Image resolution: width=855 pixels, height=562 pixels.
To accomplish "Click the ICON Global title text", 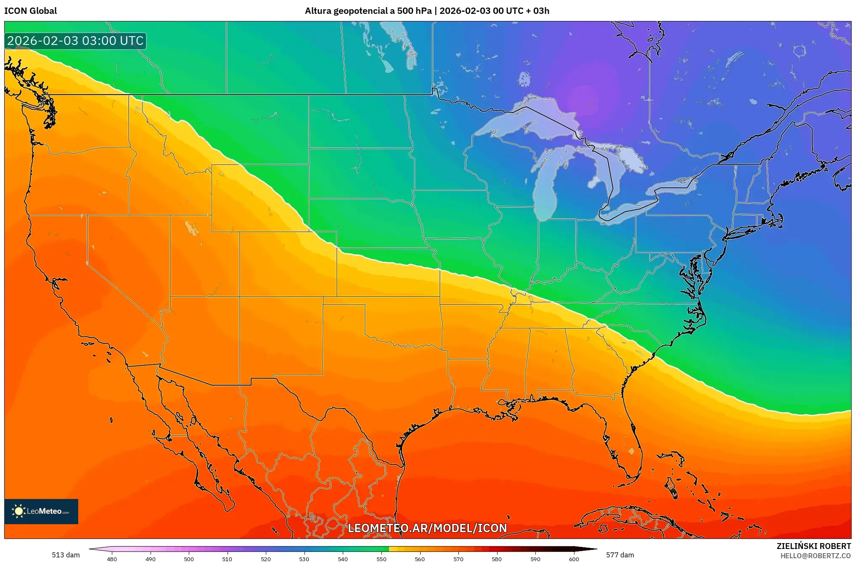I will [x=30, y=11].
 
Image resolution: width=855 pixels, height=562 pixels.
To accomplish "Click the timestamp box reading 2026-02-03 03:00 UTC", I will [x=75, y=41].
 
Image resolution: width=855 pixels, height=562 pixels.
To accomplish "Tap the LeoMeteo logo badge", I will [x=41, y=511].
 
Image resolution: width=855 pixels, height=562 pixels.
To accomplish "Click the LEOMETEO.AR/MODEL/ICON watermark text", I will [x=427, y=528].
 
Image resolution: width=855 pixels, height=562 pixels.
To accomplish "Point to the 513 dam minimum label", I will [x=66, y=555].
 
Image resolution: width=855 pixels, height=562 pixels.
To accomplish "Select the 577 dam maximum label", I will [x=619, y=555].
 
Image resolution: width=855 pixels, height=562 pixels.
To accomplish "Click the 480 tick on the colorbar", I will [x=112, y=559].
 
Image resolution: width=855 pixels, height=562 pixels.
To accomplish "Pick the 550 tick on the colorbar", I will [x=381, y=559].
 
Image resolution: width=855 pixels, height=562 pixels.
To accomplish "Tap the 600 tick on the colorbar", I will [x=574, y=559].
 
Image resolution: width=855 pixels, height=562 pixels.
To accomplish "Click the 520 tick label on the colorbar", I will [x=266, y=559].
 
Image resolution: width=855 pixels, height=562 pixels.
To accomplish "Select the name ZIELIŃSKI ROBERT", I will [x=813, y=546].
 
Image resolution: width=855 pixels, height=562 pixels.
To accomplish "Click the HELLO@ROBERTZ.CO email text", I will [x=815, y=556].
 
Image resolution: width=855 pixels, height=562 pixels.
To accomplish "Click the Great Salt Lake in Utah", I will [x=191, y=228].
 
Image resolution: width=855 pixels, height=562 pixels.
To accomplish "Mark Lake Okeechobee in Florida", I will [x=631, y=451].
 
